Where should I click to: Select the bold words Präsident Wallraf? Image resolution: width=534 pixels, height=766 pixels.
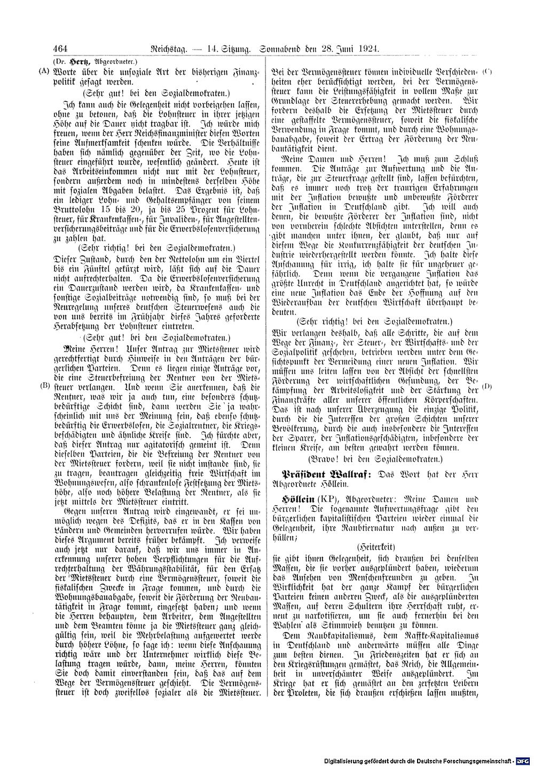pyautogui.click(x=322, y=473)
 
